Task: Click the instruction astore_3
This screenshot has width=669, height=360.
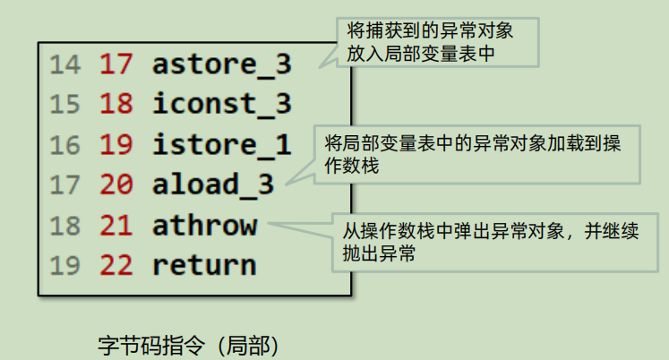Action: pyautogui.click(x=222, y=64)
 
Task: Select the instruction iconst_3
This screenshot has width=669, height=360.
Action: pyautogui.click(x=222, y=104)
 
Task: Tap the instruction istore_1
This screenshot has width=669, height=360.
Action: pyautogui.click(x=222, y=145)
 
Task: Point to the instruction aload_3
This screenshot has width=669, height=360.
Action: pyautogui.click(x=213, y=184)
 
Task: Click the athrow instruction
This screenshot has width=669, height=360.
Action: pyautogui.click(x=205, y=225)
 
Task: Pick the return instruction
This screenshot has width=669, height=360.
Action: pyautogui.click(x=204, y=265)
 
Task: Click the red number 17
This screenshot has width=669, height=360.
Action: pyautogui.click(x=116, y=64)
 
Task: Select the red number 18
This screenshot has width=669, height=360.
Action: pyautogui.click(x=116, y=104)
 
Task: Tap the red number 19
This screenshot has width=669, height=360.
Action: pyautogui.click(x=116, y=144)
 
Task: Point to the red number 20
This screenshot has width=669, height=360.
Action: pyautogui.click(x=116, y=184)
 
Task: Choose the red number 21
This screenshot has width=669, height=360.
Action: pyautogui.click(x=116, y=225)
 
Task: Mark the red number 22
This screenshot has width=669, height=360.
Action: pyautogui.click(x=116, y=265)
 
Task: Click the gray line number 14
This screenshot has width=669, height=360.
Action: pyautogui.click(x=64, y=64)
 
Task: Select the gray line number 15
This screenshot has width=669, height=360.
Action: pyautogui.click(x=64, y=104)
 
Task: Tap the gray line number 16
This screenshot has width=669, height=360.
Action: pyautogui.click(x=64, y=144)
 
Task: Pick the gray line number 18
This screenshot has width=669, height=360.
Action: pyautogui.click(x=64, y=225)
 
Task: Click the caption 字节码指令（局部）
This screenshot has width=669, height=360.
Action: pyautogui.click(x=189, y=346)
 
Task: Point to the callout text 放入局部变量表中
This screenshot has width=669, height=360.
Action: pyautogui.click(x=421, y=54)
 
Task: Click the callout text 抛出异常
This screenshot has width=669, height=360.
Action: pyautogui.click(x=379, y=253)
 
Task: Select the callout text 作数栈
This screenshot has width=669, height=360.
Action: pyautogui.click(x=352, y=166)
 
